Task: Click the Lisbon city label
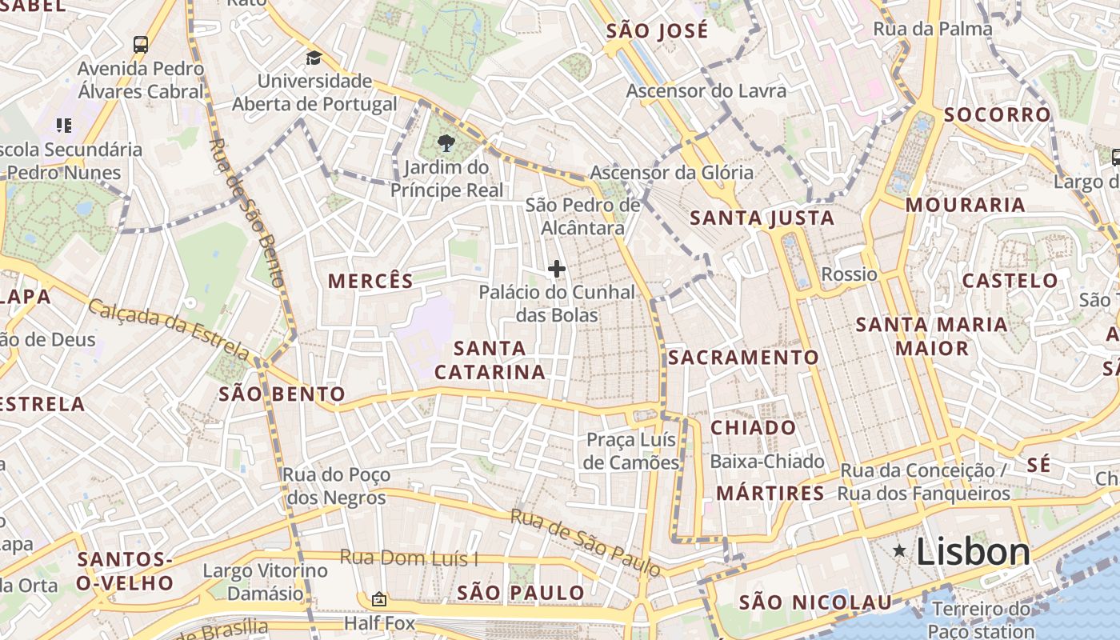(973, 552)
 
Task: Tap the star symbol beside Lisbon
(900, 550)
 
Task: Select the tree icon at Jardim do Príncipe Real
(446, 143)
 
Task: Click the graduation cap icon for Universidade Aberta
(314, 58)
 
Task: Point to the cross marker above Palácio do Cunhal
(557, 269)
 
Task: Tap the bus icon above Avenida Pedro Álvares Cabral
(141, 44)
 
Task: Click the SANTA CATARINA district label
(490, 360)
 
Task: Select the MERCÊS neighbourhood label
(371, 281)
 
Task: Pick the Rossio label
(849, 274)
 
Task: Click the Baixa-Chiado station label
(766, 462)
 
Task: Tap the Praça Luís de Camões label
(631, 451)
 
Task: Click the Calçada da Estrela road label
(169, 328)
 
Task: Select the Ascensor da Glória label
(671, 172)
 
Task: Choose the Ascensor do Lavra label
(706, 90)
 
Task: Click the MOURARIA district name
(965, 205)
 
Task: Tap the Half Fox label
(379, 622)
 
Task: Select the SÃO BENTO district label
(282, 394)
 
